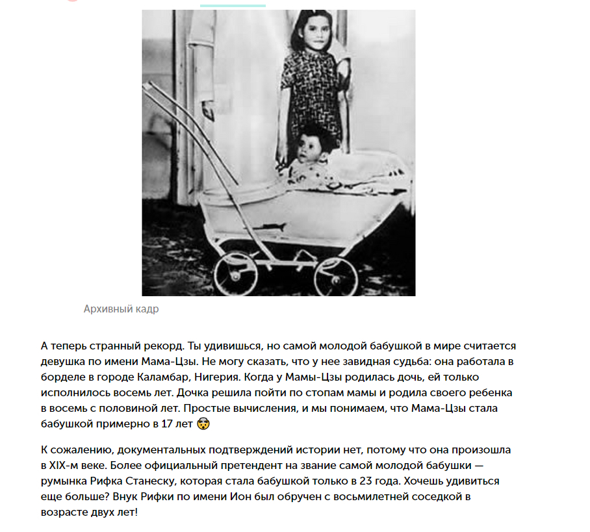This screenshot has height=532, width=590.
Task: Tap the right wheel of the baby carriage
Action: [x=335, y=276]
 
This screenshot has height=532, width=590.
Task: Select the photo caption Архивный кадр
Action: [x=121, y=309]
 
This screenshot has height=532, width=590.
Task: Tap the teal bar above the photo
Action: [x=233, y=5]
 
